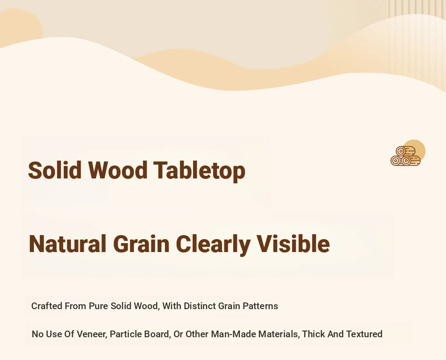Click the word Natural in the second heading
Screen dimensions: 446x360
point(68,244)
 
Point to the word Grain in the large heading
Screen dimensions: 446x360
point(141,244)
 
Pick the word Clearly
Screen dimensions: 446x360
point(213,245)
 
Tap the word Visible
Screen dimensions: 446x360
point(293,244)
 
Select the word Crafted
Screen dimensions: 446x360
point(47,306)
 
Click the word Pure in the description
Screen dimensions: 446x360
point(99,306)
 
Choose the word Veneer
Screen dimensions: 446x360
point(92,334)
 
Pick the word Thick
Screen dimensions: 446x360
point(314,334)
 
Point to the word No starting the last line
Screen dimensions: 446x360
point(38,334)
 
